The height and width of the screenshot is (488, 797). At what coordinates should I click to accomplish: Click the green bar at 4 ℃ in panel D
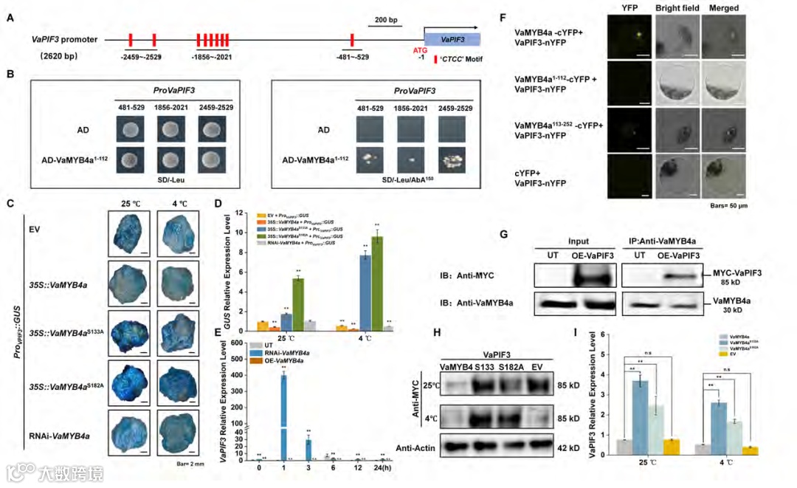point(377,281)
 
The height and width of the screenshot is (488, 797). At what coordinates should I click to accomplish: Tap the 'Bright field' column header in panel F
point(674,8)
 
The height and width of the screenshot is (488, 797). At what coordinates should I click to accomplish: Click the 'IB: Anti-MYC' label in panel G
point(463,275)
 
